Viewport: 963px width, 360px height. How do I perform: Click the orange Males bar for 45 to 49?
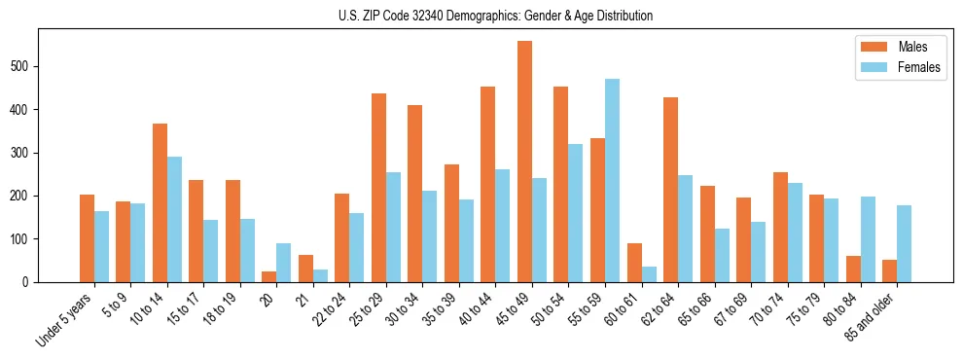tap(524, 162)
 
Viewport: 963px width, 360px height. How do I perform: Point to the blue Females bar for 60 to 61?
tap(649, 274)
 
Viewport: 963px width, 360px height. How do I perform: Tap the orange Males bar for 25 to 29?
tap(378, 188)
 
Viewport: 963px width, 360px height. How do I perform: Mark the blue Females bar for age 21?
tap(320, 275)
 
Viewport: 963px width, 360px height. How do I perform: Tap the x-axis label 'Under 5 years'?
tap(65, 318)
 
